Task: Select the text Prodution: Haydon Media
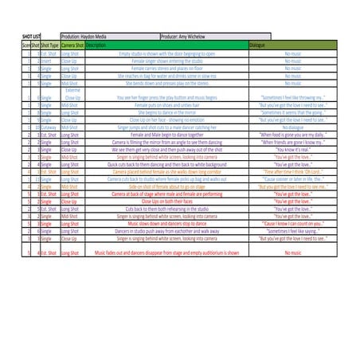(88, 37)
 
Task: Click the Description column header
(96, 45)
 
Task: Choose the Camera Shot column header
(72, 45)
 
